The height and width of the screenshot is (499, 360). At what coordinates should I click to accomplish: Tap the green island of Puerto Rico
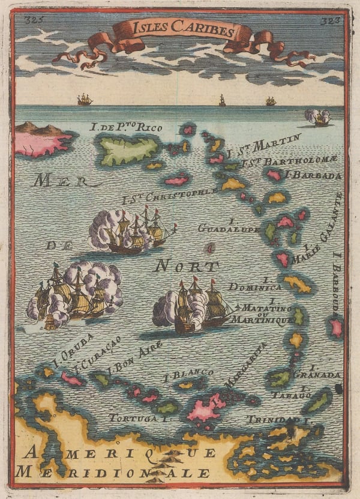tap(127, 150)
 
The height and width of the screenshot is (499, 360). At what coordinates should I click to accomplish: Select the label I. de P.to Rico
tap(121, 127)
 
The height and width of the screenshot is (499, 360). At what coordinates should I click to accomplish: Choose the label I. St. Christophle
tap(169, 195)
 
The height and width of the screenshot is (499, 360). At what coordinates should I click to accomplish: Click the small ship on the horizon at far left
tap(85, 99)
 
